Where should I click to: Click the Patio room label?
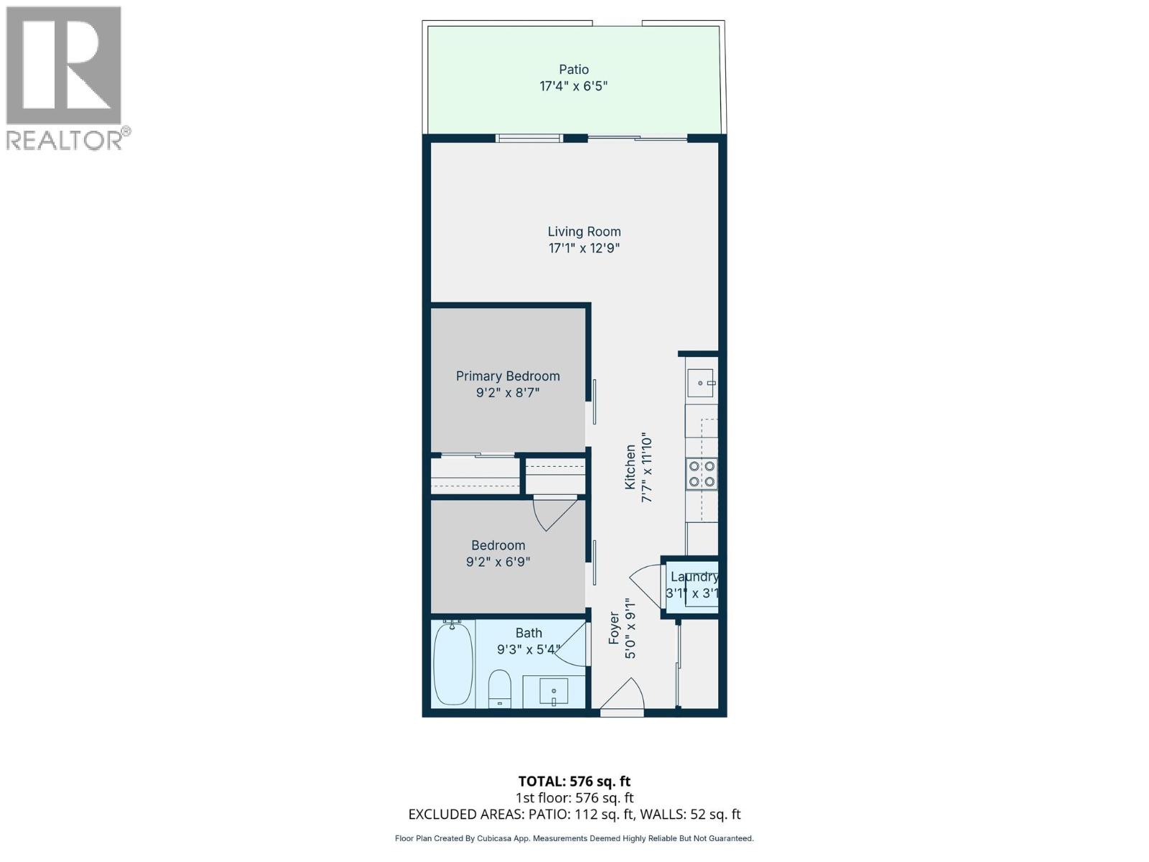coord(574,70)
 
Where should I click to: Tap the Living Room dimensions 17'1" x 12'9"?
coord(584,249)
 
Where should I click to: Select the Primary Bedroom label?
coord(508,376)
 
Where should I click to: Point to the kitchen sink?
coord(700,384)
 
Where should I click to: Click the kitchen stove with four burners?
coord(701,473)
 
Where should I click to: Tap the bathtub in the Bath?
coord(453,663)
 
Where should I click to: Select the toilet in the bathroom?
coord(499,687)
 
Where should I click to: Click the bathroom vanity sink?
coord(553,691)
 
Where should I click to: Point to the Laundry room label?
coord(694,577)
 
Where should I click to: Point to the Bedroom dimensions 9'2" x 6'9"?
coord(498,562)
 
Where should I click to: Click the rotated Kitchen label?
coord(630,467)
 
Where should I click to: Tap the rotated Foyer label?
coord(614,627)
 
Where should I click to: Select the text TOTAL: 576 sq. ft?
coord(574,781)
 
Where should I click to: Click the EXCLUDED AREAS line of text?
coord(574,815)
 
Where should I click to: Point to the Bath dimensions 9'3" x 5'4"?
coord(529,649)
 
